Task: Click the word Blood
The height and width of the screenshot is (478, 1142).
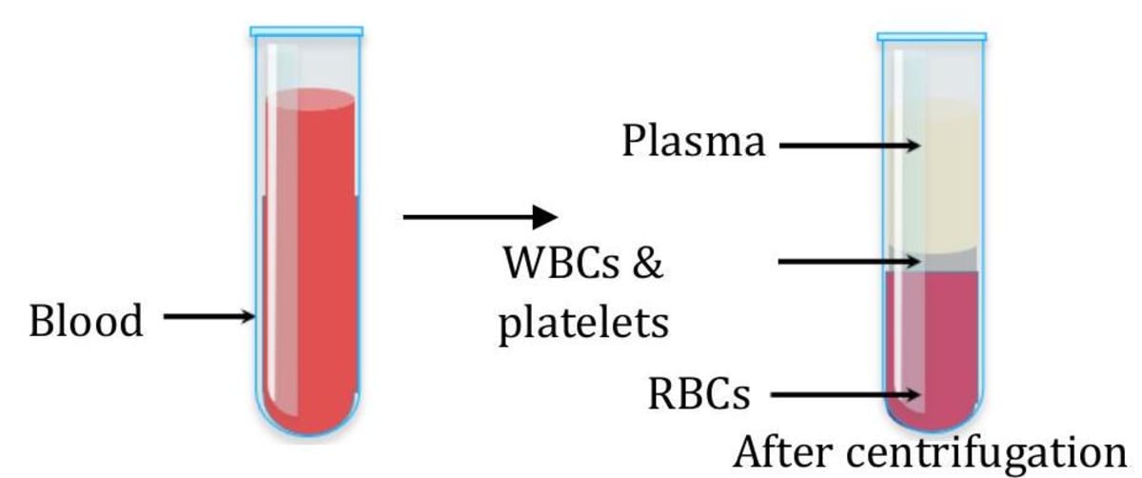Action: coord(87,321)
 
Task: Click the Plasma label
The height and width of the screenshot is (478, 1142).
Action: coord(694,143)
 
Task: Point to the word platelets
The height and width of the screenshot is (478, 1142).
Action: coord(583,323)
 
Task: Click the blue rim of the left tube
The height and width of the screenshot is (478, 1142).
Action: coord(306,31)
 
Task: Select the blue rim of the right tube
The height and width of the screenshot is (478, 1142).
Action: coord(932,36)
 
